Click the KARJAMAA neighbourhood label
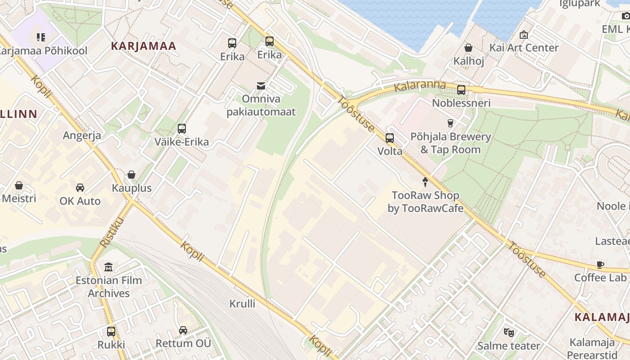pos(144,46)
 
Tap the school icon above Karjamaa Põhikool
pos(41,37)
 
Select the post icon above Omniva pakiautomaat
pos(261,86)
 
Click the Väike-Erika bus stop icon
pos(182,129)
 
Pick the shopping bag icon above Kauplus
pos(131,175)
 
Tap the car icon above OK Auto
pos(80,188)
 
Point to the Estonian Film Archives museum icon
pos(108,267)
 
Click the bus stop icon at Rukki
pos(111,332)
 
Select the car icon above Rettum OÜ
pos(183,330)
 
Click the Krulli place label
pos(242,303)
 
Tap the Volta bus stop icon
pos(390,138)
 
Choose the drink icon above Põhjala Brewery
pos(450,123)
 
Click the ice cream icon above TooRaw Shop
pos(425,182)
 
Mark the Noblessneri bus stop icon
pos(461,90)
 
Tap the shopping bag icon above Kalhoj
pos(468,48)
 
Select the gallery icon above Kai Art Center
pos(524,35)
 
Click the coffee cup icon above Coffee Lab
pos(600,265)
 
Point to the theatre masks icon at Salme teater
pos(508,333)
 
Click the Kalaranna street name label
pos(419,86)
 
